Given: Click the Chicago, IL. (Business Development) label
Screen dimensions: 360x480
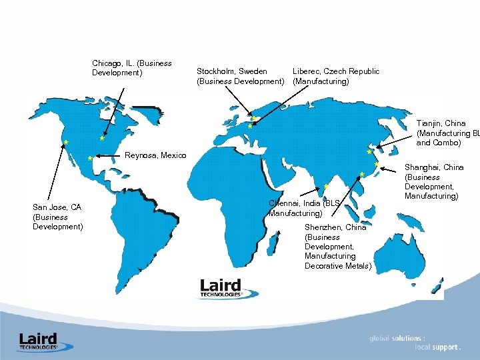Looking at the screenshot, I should click(131, 68).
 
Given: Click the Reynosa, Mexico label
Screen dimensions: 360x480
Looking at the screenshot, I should click(155, 155).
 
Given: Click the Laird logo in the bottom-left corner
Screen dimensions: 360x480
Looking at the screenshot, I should click(38, 341).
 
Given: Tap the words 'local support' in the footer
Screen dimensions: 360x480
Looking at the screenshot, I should click(436, 347).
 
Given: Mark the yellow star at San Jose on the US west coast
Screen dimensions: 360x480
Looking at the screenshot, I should click(65, 142).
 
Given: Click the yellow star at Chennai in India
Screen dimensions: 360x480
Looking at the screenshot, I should click(325, 187).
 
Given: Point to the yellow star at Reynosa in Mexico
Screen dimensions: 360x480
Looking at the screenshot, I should click(89, 159).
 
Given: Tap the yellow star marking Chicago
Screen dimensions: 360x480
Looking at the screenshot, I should click(101, 139).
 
